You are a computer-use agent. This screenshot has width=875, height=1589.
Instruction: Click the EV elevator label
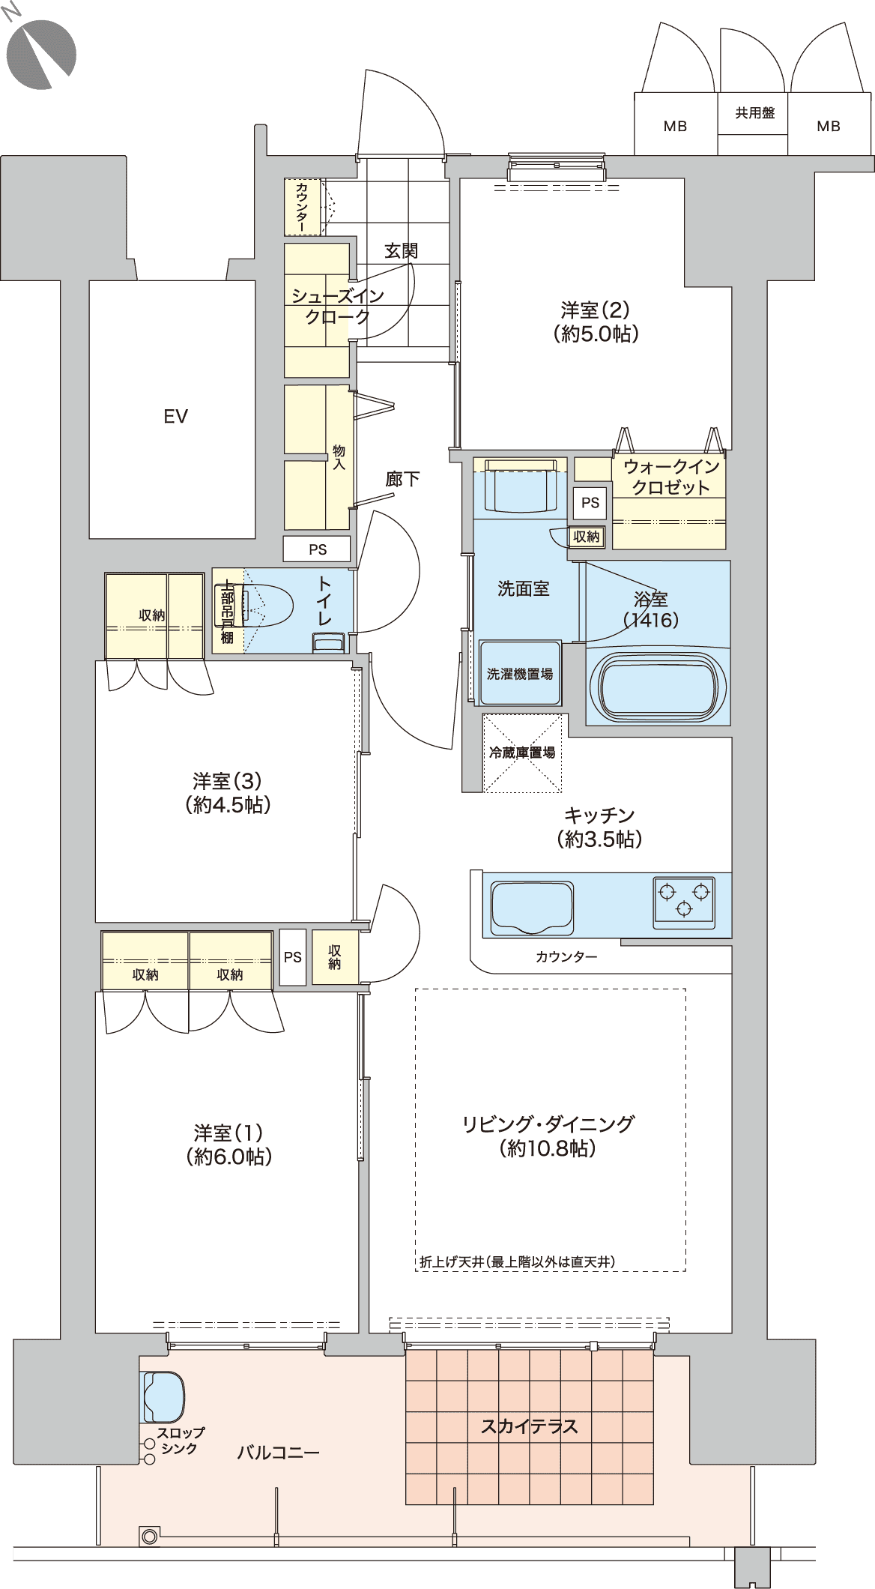point(175,416)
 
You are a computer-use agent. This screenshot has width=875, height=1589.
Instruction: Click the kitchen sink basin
point(533,907)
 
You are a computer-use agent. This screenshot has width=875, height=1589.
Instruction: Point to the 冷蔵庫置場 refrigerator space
point(522,753)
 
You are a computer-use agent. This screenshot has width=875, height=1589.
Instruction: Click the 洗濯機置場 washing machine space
point(520,673)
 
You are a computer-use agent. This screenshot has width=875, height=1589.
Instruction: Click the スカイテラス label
point(529,1426)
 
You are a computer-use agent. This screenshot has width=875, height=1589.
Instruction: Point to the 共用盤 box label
point(754,113)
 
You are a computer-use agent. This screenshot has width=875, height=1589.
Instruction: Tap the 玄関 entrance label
point(401,250)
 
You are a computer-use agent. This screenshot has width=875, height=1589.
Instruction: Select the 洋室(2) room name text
point(596,309)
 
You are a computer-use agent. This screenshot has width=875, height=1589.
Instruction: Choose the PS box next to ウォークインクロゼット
point(590,503)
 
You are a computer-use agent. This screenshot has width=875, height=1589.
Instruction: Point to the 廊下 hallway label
point(402,479)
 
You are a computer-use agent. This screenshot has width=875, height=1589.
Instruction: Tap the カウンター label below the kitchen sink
point(566,956)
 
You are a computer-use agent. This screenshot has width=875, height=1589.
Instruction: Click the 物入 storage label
point(339,456)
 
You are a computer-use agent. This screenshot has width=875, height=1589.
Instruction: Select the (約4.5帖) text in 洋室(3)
point(228,805)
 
